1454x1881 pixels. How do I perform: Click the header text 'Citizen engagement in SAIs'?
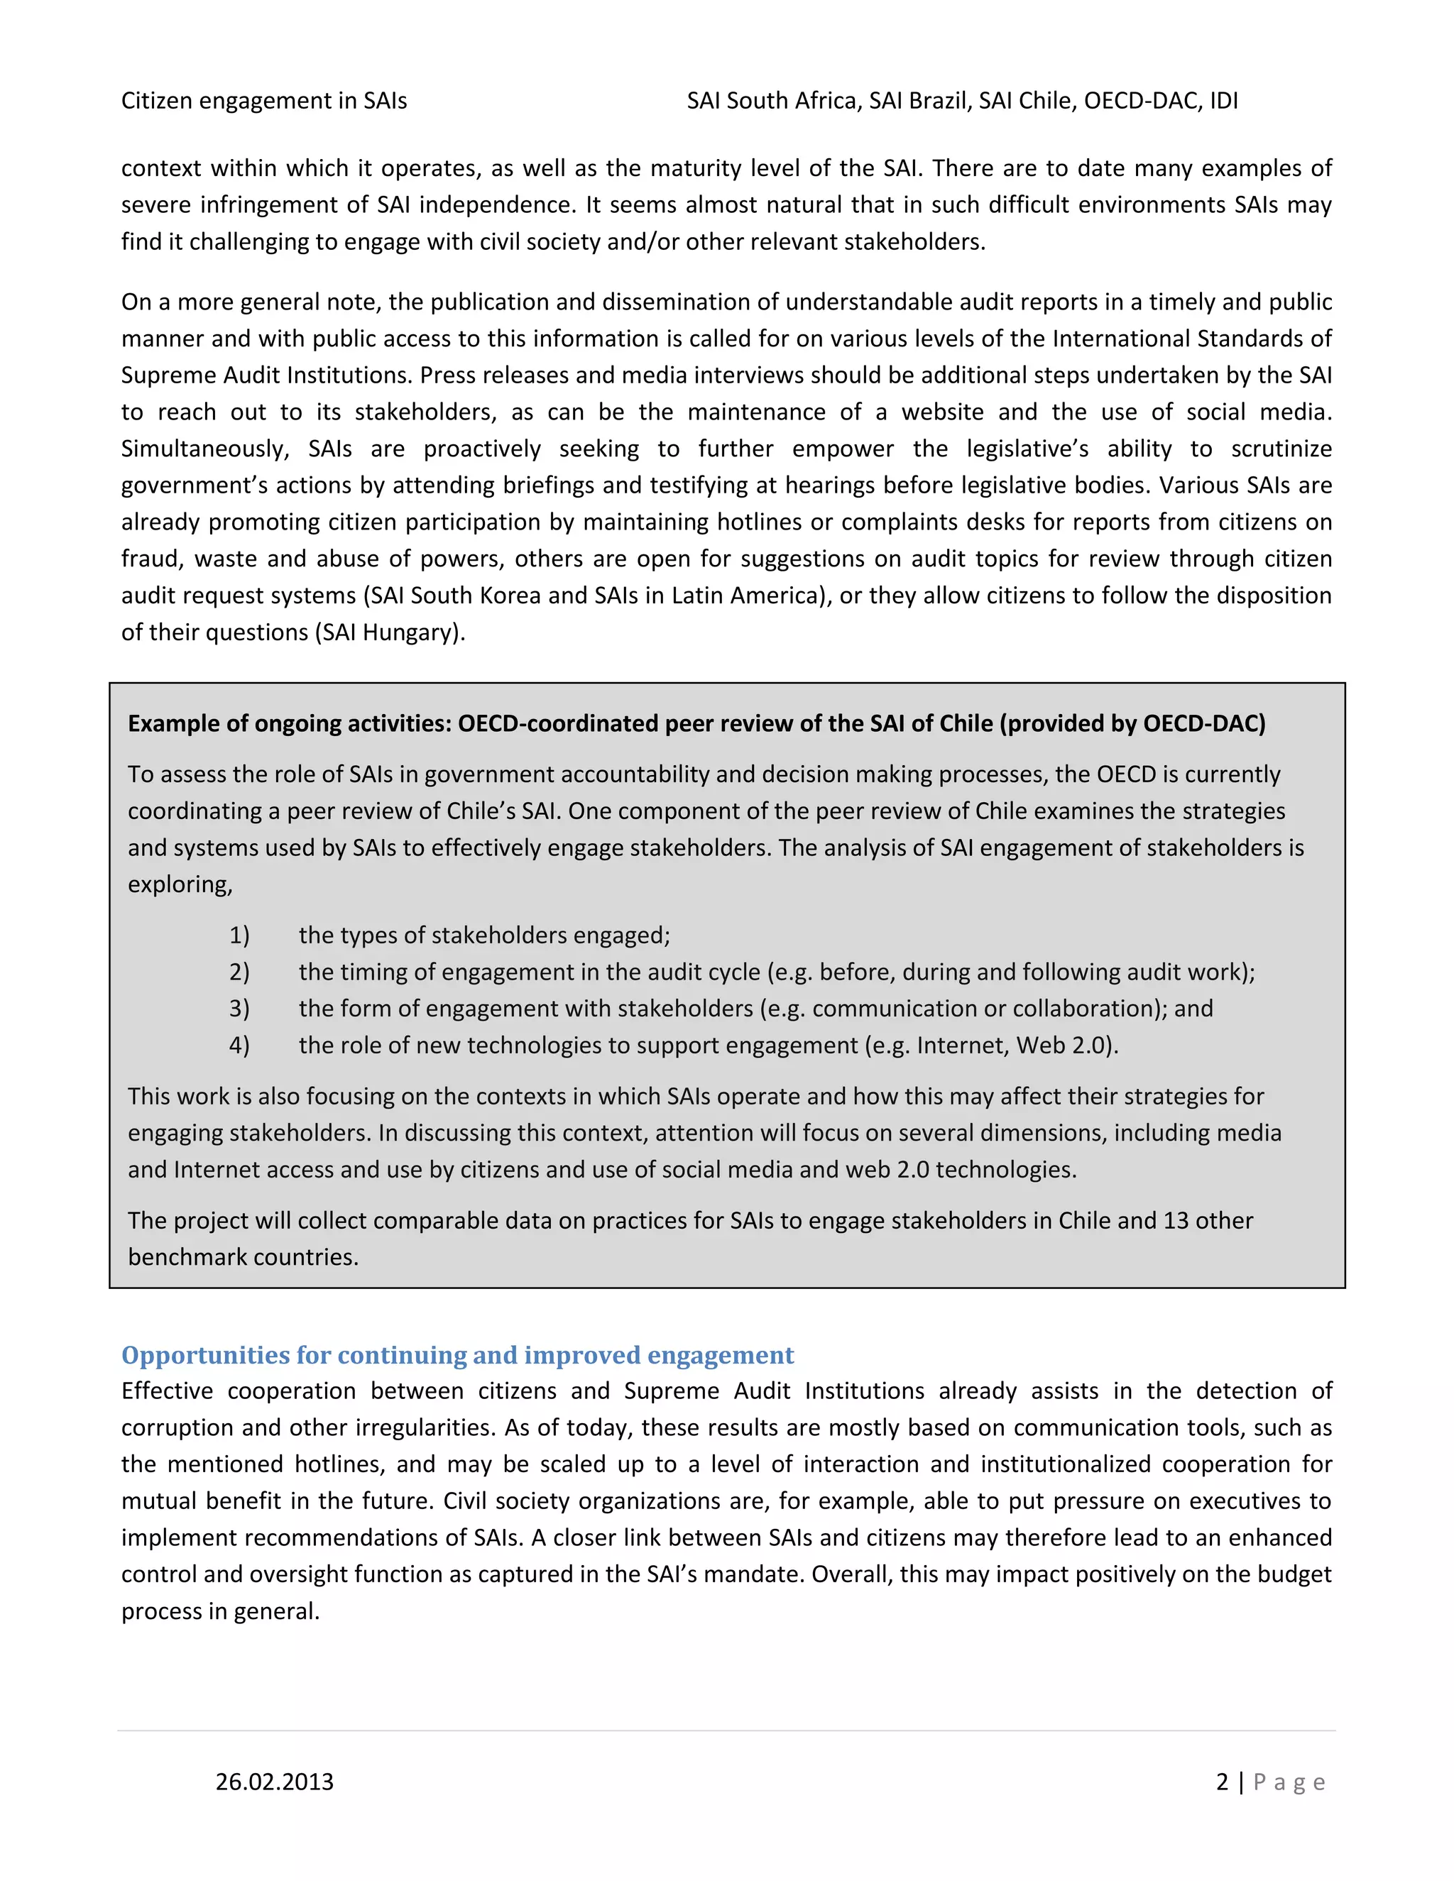263,101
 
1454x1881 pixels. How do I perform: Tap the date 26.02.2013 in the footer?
274,1781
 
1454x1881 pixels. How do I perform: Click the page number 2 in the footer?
1221,1781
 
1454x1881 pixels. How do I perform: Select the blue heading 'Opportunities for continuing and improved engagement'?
457,1355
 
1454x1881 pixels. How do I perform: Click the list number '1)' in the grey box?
239,936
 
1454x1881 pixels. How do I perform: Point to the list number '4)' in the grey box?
239,1045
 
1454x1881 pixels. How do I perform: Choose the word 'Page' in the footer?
1289,1781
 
